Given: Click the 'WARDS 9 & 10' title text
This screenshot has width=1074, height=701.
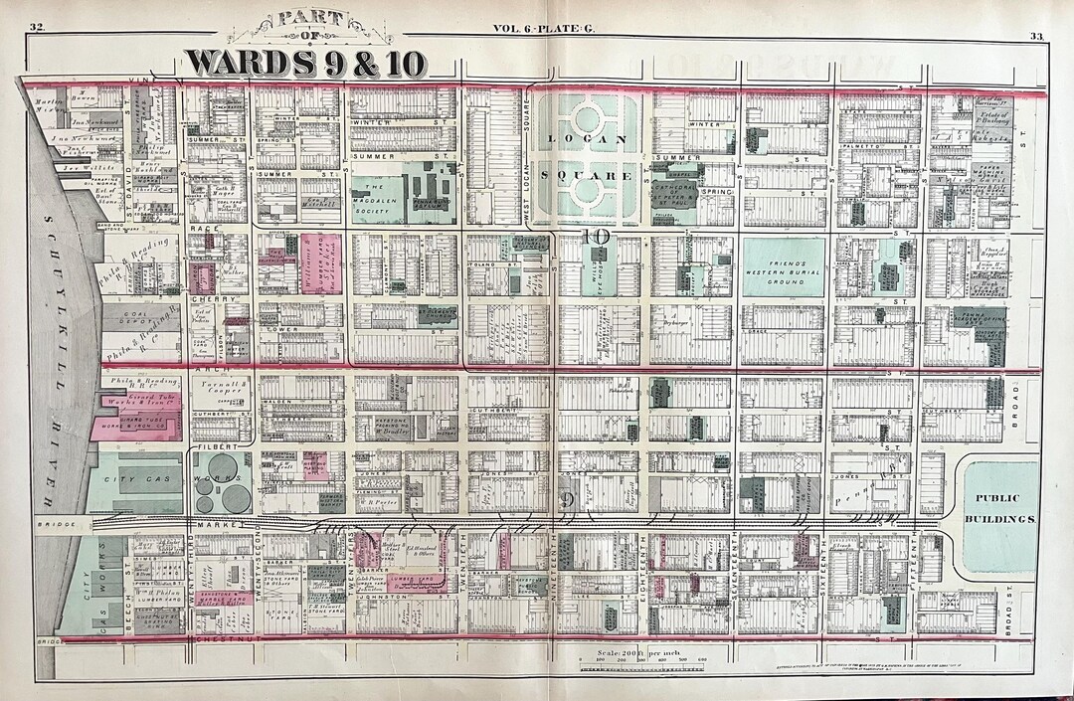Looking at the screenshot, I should click(x=305, y=62).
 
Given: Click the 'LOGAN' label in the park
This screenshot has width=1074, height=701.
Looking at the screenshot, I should click(x=584, y=139).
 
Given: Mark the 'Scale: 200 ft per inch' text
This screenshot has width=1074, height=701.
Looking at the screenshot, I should click(x=643, y=646).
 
